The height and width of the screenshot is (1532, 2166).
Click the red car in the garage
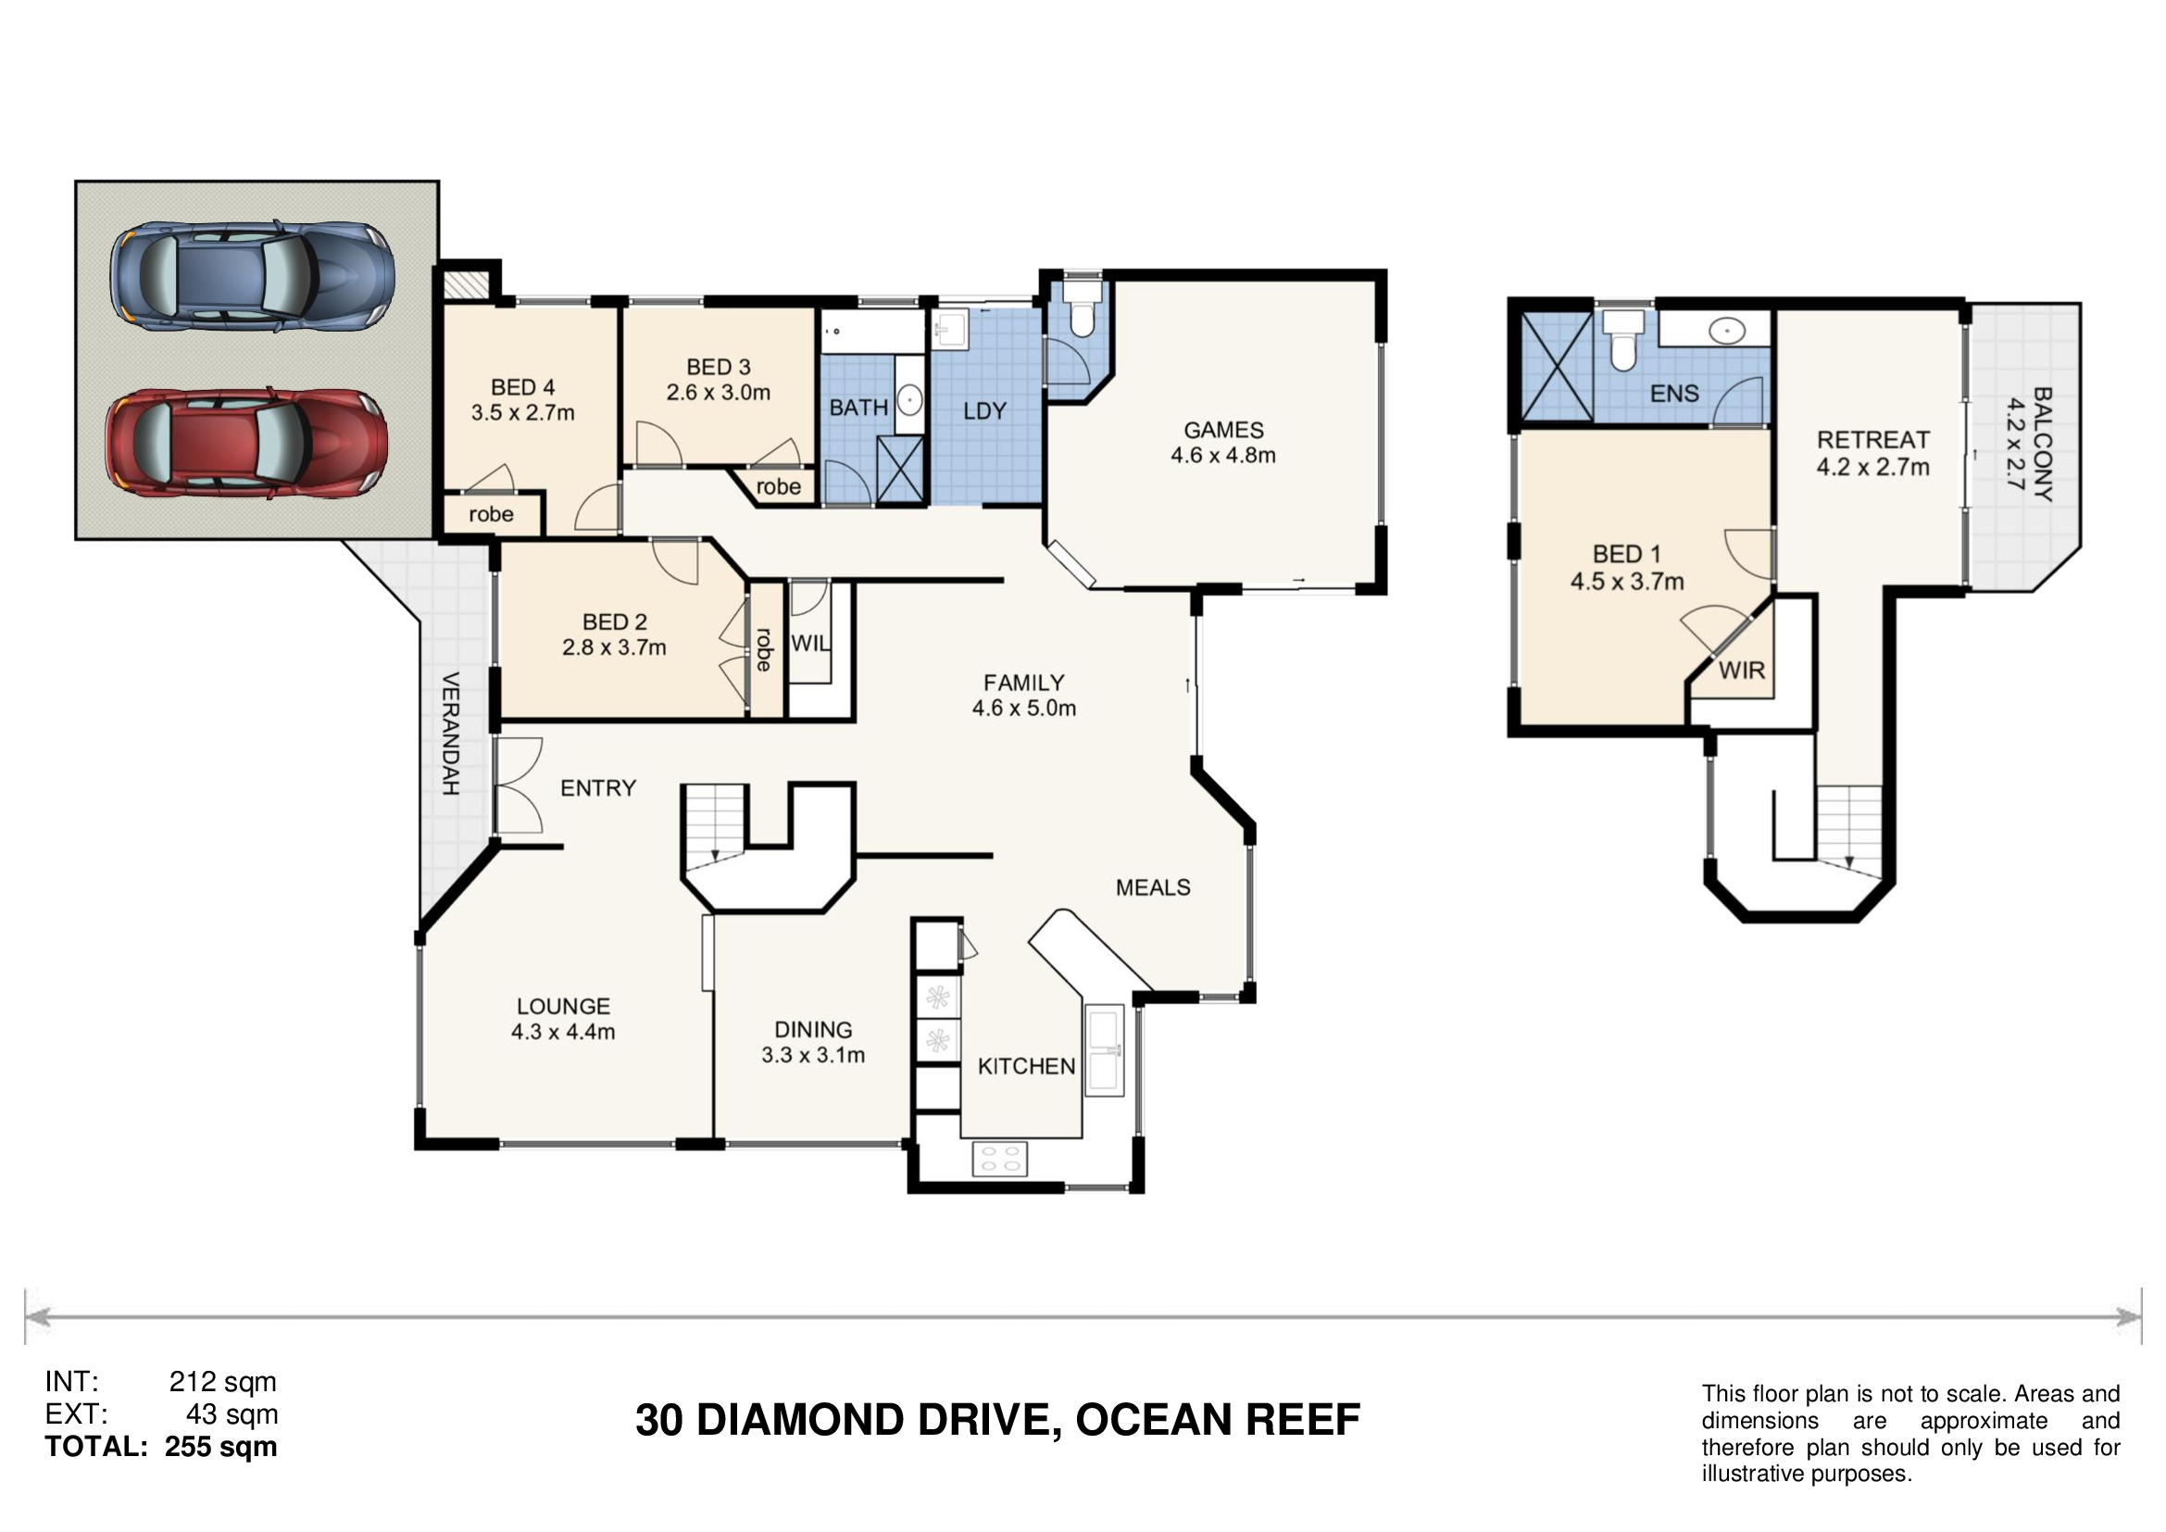247,443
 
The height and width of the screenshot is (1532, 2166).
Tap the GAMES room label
1223,430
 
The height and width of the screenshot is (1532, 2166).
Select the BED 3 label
719,367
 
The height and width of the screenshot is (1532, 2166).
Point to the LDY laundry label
985,411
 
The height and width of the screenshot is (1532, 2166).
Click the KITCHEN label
1026,1067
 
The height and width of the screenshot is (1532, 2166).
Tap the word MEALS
1153,887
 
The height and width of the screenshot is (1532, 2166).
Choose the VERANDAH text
451,733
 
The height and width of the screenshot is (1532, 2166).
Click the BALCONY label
2043,445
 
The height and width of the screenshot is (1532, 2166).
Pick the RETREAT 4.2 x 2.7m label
1873,453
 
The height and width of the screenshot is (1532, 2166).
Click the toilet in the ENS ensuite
1622,342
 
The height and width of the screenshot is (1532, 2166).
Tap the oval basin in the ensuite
1727,331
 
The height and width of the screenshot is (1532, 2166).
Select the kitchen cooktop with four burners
1000,1160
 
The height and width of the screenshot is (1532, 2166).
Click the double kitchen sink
1105,1050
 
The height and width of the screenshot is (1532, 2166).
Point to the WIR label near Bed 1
1742,671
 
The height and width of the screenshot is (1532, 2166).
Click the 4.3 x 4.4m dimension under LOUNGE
563,1032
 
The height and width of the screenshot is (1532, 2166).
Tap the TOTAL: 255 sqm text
161,1447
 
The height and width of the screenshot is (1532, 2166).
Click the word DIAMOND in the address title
800,1421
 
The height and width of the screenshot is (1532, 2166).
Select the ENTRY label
598,787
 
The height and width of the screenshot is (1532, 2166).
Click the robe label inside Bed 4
492,514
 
